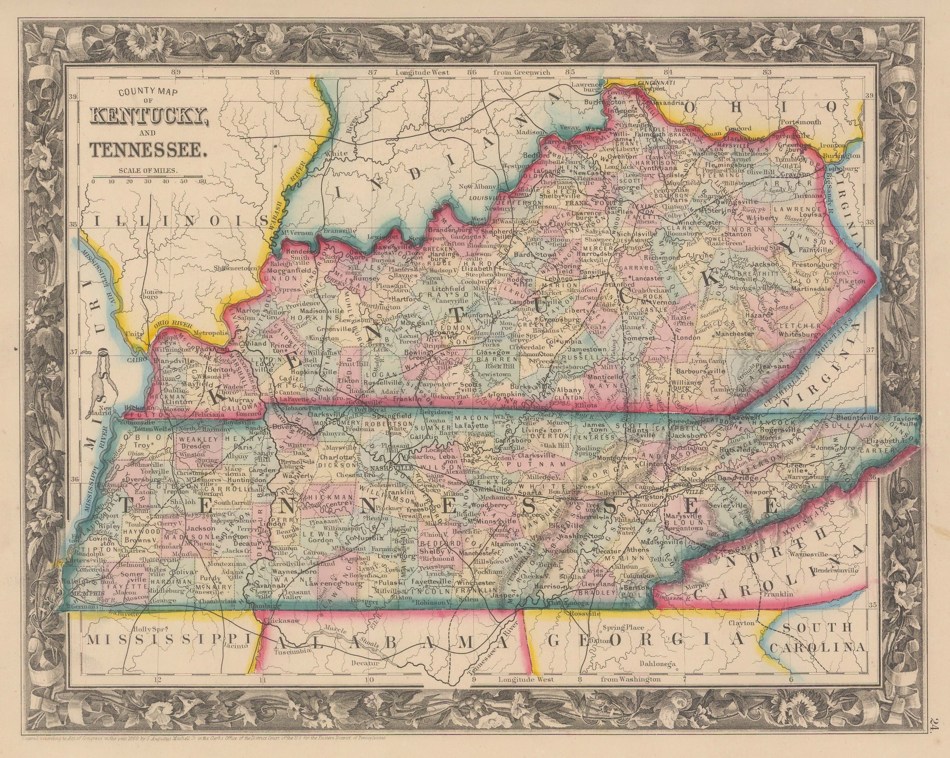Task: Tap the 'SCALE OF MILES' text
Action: [x=148, y=170]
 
